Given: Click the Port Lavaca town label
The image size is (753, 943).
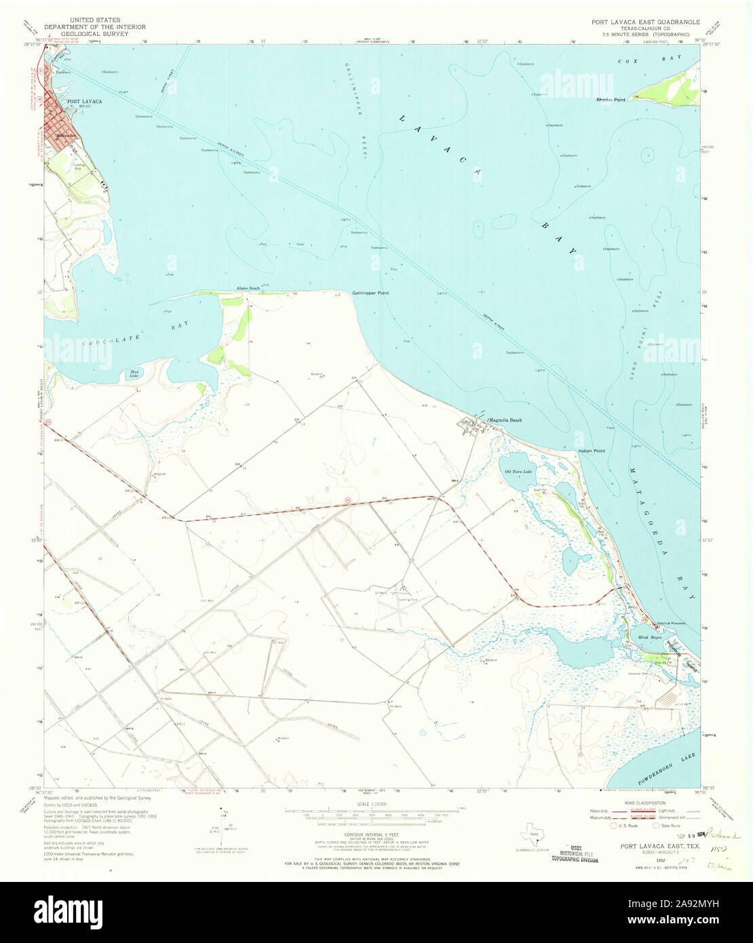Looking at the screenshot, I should [x=84, y=102].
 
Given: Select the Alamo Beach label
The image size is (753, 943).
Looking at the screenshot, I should [x=248, y=288].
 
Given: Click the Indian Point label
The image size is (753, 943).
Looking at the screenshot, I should [x=591, y=451].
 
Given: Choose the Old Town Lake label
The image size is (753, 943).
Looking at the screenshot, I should [x=518, y=471].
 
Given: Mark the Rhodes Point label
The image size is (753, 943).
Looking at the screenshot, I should [x=611, y=100].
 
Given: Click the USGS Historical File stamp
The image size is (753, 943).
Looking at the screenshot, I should [x=573, y=853].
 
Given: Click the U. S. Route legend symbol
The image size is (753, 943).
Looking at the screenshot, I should [x=615, y=826].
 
